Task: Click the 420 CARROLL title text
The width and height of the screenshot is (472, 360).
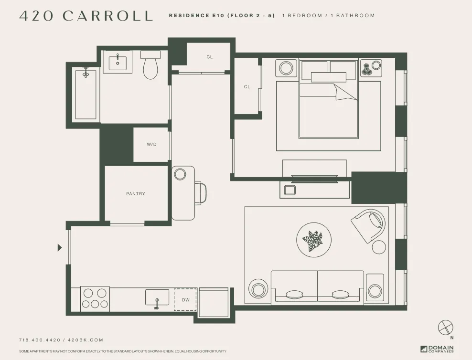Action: click(86, 15)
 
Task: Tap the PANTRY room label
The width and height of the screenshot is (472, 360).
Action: click(136, 194)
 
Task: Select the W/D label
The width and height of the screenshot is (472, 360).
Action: click(151, 145)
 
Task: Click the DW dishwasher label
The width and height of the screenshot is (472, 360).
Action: click(185, 300)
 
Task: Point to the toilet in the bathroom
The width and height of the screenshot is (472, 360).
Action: click(150, 66)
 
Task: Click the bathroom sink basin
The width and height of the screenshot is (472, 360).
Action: click(117, 63)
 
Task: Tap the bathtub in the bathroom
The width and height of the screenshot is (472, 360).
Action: click(86, 94)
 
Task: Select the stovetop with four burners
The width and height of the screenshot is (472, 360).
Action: click(95, 298)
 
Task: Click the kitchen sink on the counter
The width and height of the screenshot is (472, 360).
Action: click(157, 298)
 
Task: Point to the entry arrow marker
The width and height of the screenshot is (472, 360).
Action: click(60, 247)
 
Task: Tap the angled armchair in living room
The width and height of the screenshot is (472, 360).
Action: click(368, 223)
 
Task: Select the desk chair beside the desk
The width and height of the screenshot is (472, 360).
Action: click(201, 193)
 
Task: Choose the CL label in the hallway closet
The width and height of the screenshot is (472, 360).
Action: click(209, 57)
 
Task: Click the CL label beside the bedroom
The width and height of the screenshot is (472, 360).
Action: click(247, 87)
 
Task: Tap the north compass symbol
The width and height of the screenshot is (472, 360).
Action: click(445, 328)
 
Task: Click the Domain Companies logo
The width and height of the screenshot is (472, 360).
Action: click(437, 349)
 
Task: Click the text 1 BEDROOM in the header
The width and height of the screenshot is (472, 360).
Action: click(302, 16)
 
